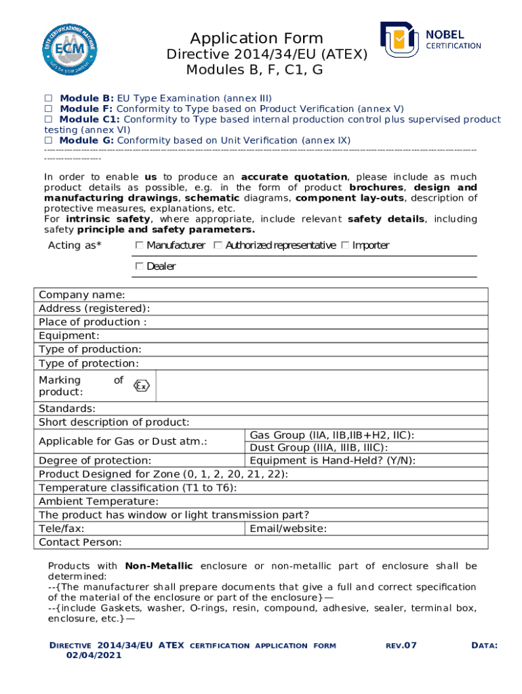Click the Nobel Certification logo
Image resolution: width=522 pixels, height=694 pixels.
430,40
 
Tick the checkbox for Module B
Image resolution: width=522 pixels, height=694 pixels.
48,98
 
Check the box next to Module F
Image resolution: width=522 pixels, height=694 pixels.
48,109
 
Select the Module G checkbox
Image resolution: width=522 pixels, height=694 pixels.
48,140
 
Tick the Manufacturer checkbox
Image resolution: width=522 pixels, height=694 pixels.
140,245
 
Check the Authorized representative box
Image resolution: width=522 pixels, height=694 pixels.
218,245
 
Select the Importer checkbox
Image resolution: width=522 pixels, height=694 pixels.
345,245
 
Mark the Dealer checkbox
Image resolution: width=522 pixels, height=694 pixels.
140,266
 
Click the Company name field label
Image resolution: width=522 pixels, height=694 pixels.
81,295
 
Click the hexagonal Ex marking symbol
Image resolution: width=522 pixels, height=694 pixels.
141,386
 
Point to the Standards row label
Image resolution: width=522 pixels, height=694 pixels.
67,409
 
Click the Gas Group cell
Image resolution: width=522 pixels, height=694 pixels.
332,435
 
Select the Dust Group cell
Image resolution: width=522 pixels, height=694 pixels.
319,448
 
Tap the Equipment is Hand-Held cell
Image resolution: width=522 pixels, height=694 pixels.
332,461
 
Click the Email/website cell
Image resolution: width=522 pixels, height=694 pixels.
288,529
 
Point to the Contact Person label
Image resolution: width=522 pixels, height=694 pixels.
80,542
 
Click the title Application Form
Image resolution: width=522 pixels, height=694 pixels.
256,38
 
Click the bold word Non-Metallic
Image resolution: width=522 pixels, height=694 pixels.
159,566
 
